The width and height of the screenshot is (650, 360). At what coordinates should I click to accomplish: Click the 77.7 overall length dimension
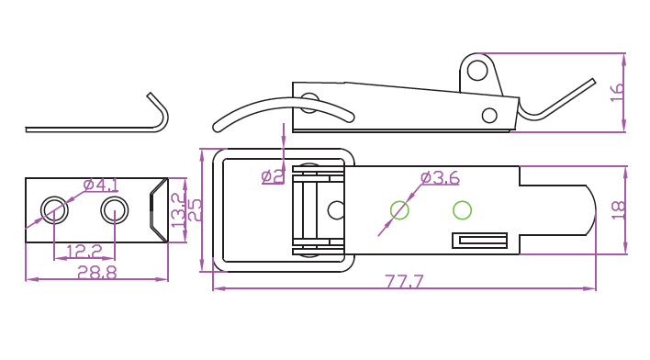(405, 281)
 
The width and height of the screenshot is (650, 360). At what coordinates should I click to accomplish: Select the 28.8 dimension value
(97, 272)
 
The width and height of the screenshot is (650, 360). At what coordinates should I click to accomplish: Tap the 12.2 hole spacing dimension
(84, 251)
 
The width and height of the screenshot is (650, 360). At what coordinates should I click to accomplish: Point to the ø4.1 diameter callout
(101, 185)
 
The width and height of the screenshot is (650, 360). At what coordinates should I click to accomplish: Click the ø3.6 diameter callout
(440, 178)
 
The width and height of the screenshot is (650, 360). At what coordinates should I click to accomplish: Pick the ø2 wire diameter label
(274, 176)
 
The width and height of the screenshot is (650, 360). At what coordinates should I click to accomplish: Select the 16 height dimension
(617, 92)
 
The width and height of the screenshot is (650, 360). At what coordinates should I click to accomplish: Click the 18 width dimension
(618, 210)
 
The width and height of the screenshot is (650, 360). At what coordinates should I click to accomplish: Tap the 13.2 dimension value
(178, 210)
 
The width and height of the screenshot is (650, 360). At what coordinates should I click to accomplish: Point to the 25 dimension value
(194, 210)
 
